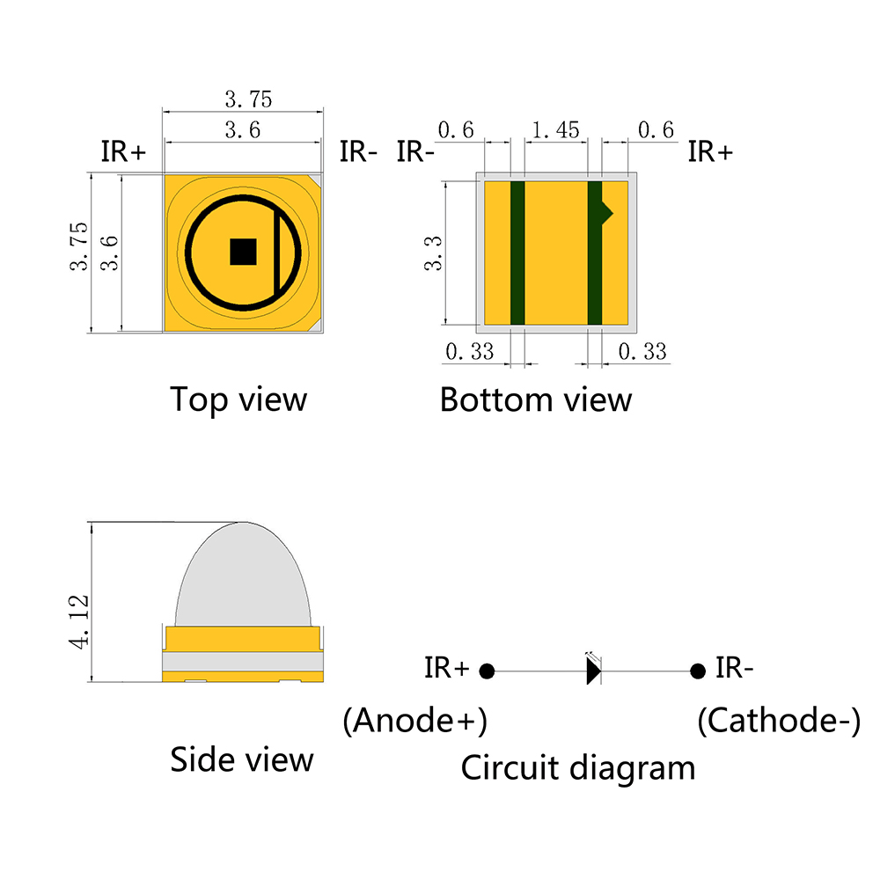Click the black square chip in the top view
[243, 252]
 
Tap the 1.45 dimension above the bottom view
[555, 130]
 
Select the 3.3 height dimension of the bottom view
[433, 253]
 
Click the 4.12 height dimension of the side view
[79, 622]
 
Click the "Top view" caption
[238, 400]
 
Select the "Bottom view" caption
[535, 400]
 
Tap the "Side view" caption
[242, 759]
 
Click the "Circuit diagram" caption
[578, 767]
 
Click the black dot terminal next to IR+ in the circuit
[487, 671]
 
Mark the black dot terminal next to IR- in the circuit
[698, 671]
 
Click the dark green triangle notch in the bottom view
[607, 213]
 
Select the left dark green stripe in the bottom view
[517, 253]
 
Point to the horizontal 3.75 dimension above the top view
[249, 99]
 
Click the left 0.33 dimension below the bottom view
[469, 352]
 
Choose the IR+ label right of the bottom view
[710, 151]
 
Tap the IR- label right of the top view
[358, 151]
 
